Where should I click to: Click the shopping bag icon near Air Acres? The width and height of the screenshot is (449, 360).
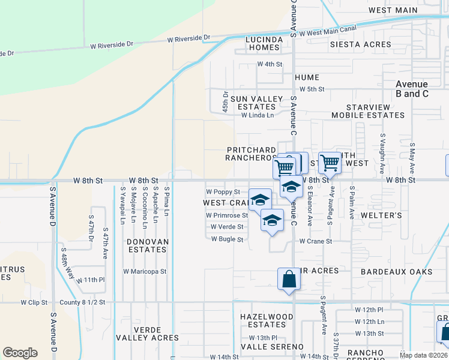point(289,279)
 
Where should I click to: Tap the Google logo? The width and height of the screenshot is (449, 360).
point(20,353)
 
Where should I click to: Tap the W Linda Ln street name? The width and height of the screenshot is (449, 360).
point(257,115)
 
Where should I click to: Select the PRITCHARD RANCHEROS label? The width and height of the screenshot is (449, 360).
point(250,154)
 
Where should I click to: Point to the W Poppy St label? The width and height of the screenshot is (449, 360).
point(223,192)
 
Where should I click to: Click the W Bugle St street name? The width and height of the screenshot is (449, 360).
point(226,239)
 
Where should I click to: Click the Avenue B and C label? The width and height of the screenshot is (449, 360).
point(412,89)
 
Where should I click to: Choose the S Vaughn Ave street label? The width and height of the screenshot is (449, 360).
point(382,154)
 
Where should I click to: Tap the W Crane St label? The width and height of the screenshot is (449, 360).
point(315,241)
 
